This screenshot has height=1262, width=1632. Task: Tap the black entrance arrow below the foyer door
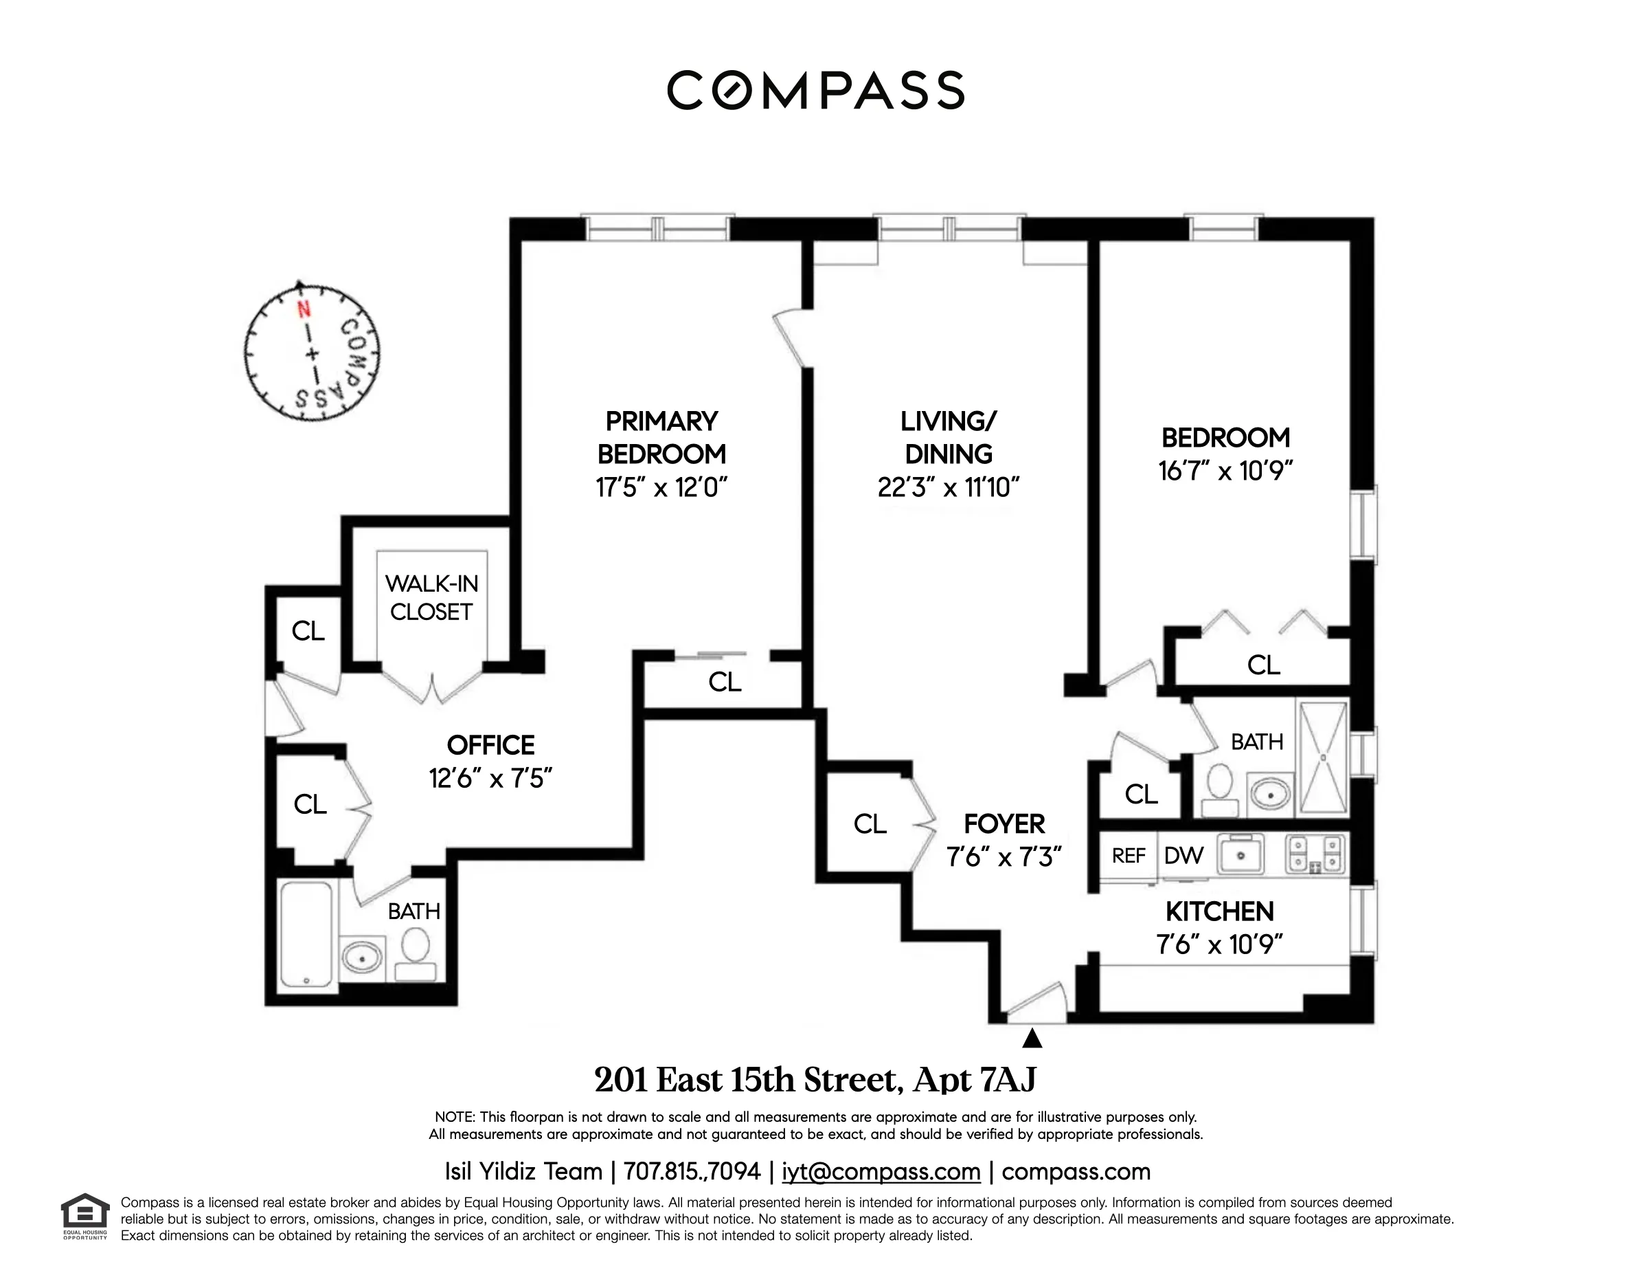tap(1032, 1039)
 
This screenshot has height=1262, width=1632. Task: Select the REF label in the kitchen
tap(1129, 855)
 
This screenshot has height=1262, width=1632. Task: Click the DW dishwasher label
tap(1183, 855)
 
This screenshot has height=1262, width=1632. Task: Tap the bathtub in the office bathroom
tap(306, 936)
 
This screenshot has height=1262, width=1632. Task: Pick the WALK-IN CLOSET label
tap(431, 597)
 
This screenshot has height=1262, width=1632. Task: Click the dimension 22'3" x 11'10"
tap(949, 487)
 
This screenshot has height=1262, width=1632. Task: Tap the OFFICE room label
tap(490, 745)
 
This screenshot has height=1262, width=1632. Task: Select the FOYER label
tap(1004, 824)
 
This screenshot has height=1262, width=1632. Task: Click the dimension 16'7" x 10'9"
tap(1225, 471)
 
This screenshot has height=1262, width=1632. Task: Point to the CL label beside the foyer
tap(870, 824)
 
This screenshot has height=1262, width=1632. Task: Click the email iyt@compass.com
tap(881, 1171)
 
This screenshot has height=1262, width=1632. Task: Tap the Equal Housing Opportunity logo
tap(85, 1217)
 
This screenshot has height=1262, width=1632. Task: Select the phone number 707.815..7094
tap(692, 1171)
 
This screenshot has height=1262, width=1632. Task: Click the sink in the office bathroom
tap(362, 956)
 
